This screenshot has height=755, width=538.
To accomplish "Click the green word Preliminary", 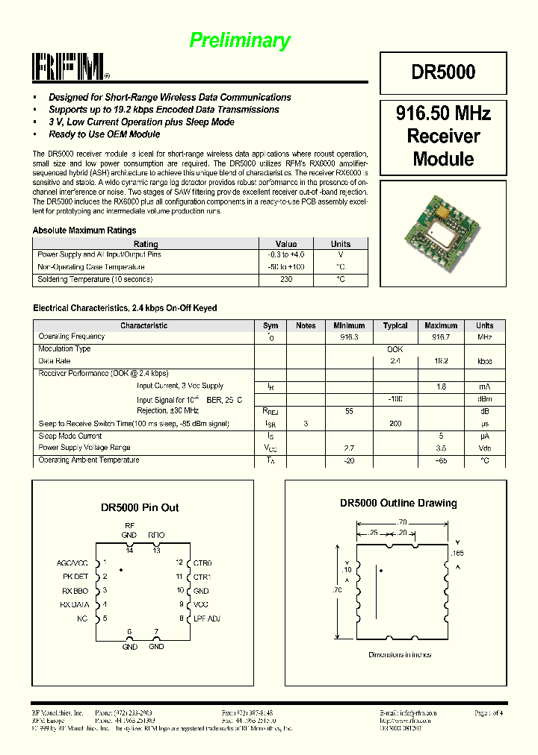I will click(x=239, y=40).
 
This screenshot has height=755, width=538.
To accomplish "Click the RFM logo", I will click(x=71, y=67).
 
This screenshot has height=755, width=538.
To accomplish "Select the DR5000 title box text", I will click(x=442, y=72).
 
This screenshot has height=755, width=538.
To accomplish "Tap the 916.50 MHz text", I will click(x=442, y=114).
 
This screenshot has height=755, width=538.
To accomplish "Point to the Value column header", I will click(x=285, y=244).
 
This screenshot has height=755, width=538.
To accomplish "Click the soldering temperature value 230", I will click(x=285, y=279).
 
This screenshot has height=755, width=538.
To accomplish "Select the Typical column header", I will click(x=395, y=325).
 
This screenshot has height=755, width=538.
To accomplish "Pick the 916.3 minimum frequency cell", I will click(x=349, y=337).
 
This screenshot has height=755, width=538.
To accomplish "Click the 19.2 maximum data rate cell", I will click(x=440, y=361).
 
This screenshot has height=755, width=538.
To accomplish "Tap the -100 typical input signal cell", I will click(x=395, y=399).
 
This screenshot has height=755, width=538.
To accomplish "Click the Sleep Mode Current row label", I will click(x=69, y=436).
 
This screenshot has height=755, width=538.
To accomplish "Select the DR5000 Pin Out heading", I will click(x=140, y=508).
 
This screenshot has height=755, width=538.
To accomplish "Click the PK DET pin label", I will click(x=75, y=577).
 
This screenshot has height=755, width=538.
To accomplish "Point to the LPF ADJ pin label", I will click(x=206, y=618).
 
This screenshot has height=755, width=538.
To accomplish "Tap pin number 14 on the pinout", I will click(x=129, y=551).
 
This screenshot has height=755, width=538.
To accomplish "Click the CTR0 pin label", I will click(x=202, y=563).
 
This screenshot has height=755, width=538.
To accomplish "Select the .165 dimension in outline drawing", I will click(x=458, y=553).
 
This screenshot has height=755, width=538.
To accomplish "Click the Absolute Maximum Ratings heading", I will click(x=84, y=231).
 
